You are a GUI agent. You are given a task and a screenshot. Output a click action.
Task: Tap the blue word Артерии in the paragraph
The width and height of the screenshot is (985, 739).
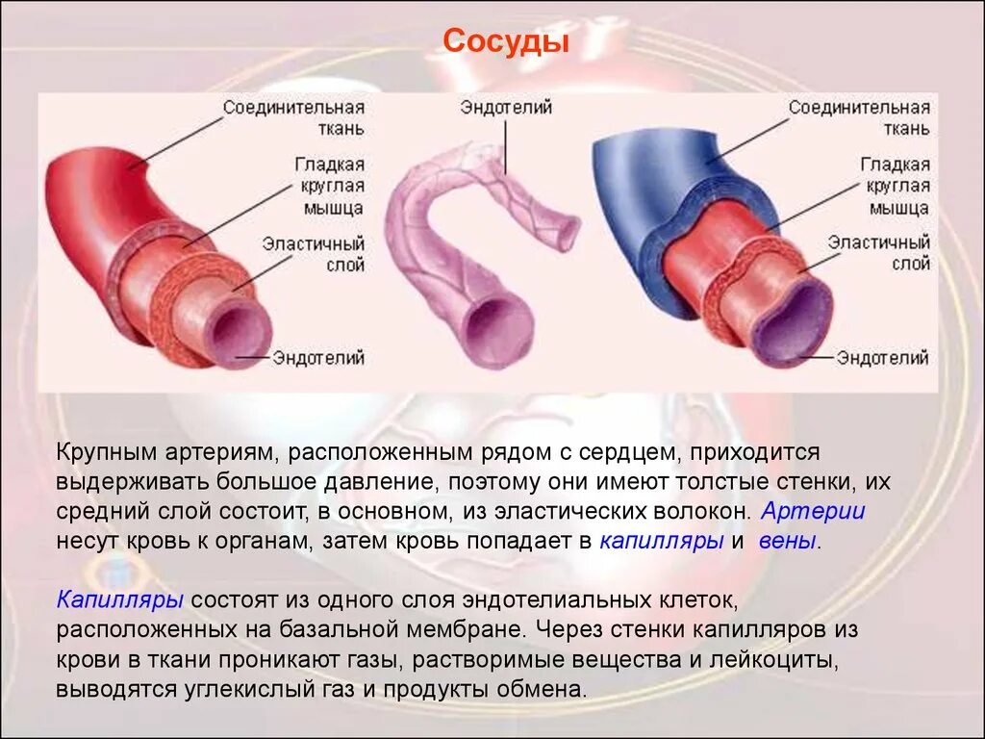813,511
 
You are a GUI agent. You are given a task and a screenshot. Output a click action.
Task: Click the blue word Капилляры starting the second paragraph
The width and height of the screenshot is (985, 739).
120,600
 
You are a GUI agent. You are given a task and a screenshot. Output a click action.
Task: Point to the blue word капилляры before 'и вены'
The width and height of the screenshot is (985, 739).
662,541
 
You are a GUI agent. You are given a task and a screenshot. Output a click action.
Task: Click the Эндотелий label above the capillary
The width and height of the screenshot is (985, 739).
506,108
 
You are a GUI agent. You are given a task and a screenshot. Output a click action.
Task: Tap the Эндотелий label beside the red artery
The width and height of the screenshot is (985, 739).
318,358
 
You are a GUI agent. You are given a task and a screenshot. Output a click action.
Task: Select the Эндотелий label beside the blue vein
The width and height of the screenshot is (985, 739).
882,358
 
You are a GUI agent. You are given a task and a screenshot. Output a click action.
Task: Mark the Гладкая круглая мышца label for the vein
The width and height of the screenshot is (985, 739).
894,186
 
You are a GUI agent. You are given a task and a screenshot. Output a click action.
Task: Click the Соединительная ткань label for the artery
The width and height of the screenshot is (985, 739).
293,117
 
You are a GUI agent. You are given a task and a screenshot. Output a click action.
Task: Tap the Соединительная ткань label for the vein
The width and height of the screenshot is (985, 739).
859,117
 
